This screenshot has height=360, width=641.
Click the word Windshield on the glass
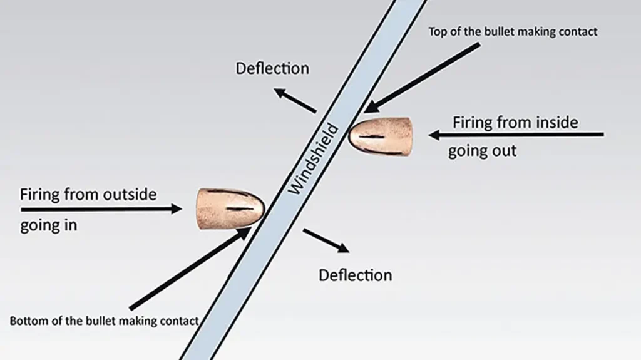314,159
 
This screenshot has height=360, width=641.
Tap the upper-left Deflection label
272,68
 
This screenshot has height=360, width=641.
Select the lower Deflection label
355,275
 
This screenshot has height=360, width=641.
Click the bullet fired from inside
381,136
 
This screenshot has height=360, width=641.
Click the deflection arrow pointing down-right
326,240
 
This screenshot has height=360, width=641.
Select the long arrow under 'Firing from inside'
516,134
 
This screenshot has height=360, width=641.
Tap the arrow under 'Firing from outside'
100,209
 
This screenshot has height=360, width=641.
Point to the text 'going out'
482,151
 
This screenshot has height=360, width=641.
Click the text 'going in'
48,225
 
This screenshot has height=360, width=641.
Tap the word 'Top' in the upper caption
438,31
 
